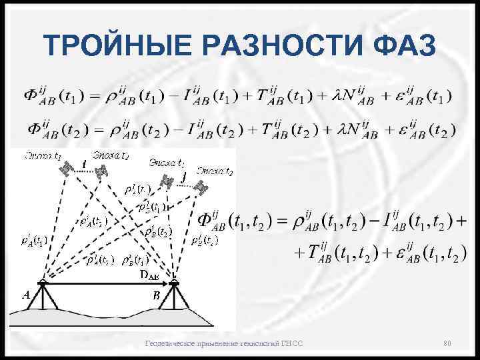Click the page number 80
pyautogui.click(x=447, y=343)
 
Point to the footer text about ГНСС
pyautogui.click(x=224, y=343)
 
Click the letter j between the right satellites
pyautogui.click(x=183, y=177)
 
